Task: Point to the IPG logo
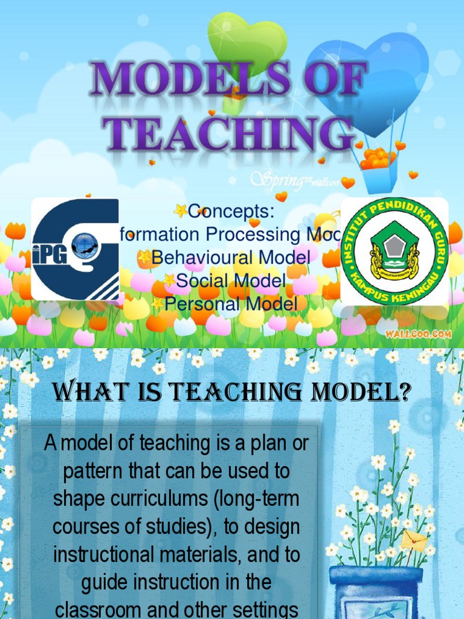click(x=75, y=249)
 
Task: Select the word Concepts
click(x=231, y=212)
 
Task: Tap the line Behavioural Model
click(x=231, y=258)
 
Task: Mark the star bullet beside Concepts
click(x=179, y=211)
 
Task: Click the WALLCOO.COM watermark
click(x=428, y=332)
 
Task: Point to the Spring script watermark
click(x=283, y=179)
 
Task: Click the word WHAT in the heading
click(x=85, y=395)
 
